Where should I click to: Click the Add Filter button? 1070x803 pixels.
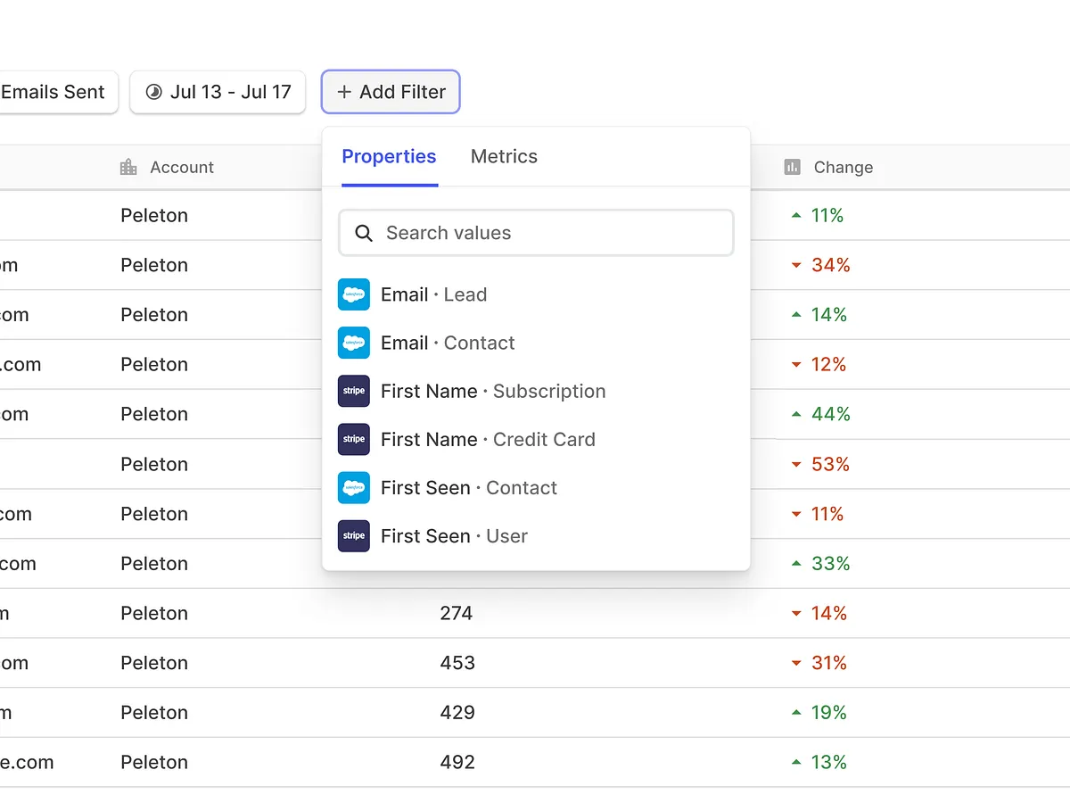click(391, 92)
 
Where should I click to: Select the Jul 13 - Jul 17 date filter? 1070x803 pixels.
click(218, 92)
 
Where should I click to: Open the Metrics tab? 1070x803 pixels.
click(504, 157)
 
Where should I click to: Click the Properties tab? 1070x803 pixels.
click(389, 157)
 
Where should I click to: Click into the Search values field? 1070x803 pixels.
click(544, 233)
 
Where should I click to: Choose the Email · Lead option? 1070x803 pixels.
click(433, 294)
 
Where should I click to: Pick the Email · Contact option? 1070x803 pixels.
click(448, 343)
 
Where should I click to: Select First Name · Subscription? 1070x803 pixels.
click(492, 391)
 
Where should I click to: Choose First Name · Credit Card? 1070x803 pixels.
click(488, 439)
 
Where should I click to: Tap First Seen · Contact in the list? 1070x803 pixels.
click(468, 487)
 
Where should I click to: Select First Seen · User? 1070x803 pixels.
click(454, 535)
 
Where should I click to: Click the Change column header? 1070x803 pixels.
click(843, 167)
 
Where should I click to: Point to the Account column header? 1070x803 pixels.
click(181, 167)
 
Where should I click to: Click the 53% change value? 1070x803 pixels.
click(830, 464)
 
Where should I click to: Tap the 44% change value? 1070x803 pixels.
click(830, 414)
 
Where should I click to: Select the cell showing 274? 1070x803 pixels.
click(456, 613)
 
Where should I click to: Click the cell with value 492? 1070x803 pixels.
click(457, 762)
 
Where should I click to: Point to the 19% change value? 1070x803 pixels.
click(828, 712)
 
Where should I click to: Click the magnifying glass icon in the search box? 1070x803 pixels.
click(363, 233)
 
